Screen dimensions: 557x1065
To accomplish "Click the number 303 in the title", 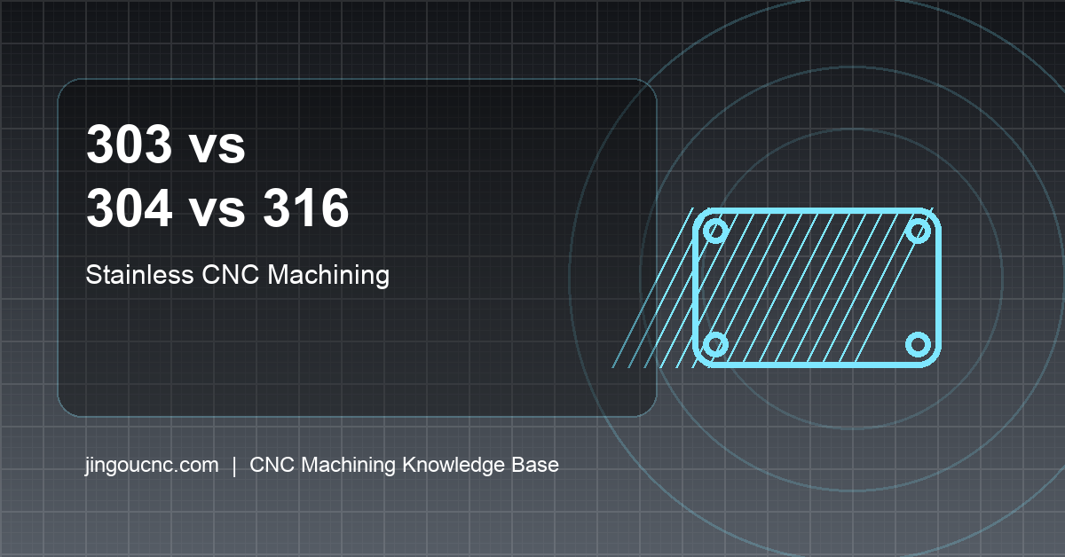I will pos(130,146).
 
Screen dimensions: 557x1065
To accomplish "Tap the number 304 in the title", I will pos(130,210).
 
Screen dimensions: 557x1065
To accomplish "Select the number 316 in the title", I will pos(305,210).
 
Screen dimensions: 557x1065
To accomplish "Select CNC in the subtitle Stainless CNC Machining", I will pos(231,275).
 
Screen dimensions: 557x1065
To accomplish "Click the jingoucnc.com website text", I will pos(152,465).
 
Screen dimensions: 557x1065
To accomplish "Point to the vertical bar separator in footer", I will pos(234,465).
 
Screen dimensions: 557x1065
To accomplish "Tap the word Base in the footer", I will pos(536,465).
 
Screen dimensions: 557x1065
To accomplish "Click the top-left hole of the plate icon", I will pos(715,232).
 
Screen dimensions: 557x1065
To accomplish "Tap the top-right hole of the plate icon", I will pos(919,232).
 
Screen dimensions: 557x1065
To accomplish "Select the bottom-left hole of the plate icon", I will pos(715,344).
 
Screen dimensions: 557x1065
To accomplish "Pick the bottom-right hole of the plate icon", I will pos(919,344).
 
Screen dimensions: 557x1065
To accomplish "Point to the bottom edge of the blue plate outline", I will pos(816,363).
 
